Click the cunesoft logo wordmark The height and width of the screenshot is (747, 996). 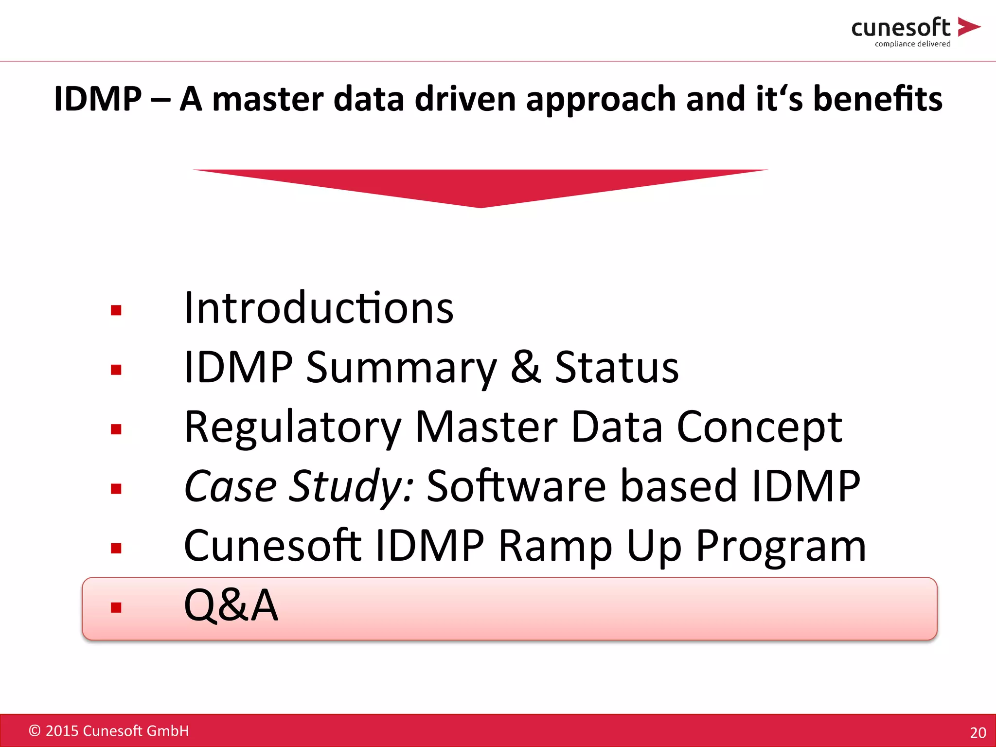click(900, 28)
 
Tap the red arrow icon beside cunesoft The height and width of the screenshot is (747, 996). click(968, 27)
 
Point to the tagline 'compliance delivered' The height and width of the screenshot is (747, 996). click(912, 44)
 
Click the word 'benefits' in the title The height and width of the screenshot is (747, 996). click(878, 99)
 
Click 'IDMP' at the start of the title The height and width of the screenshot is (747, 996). click(97, 99)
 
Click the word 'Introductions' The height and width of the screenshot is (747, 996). click(319, 308)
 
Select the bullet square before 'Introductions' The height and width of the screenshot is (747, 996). click(116, 310)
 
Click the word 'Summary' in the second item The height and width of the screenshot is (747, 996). click(401, 368)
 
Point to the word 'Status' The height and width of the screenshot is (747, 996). click(617, 368)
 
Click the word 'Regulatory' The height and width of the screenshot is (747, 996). click(293, 427)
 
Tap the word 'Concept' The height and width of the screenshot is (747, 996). click(759, 427)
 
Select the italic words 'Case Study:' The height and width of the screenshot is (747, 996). click(299, 486)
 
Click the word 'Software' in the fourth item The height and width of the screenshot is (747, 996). click(516, 486)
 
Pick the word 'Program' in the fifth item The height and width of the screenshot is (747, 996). click(781, 546)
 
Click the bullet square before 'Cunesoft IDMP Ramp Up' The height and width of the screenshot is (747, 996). click(116, 549)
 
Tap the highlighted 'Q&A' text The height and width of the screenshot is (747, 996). click(231, 605)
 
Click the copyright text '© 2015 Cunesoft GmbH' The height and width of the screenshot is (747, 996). click(109, 731)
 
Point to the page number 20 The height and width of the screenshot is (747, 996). click(978, 732)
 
